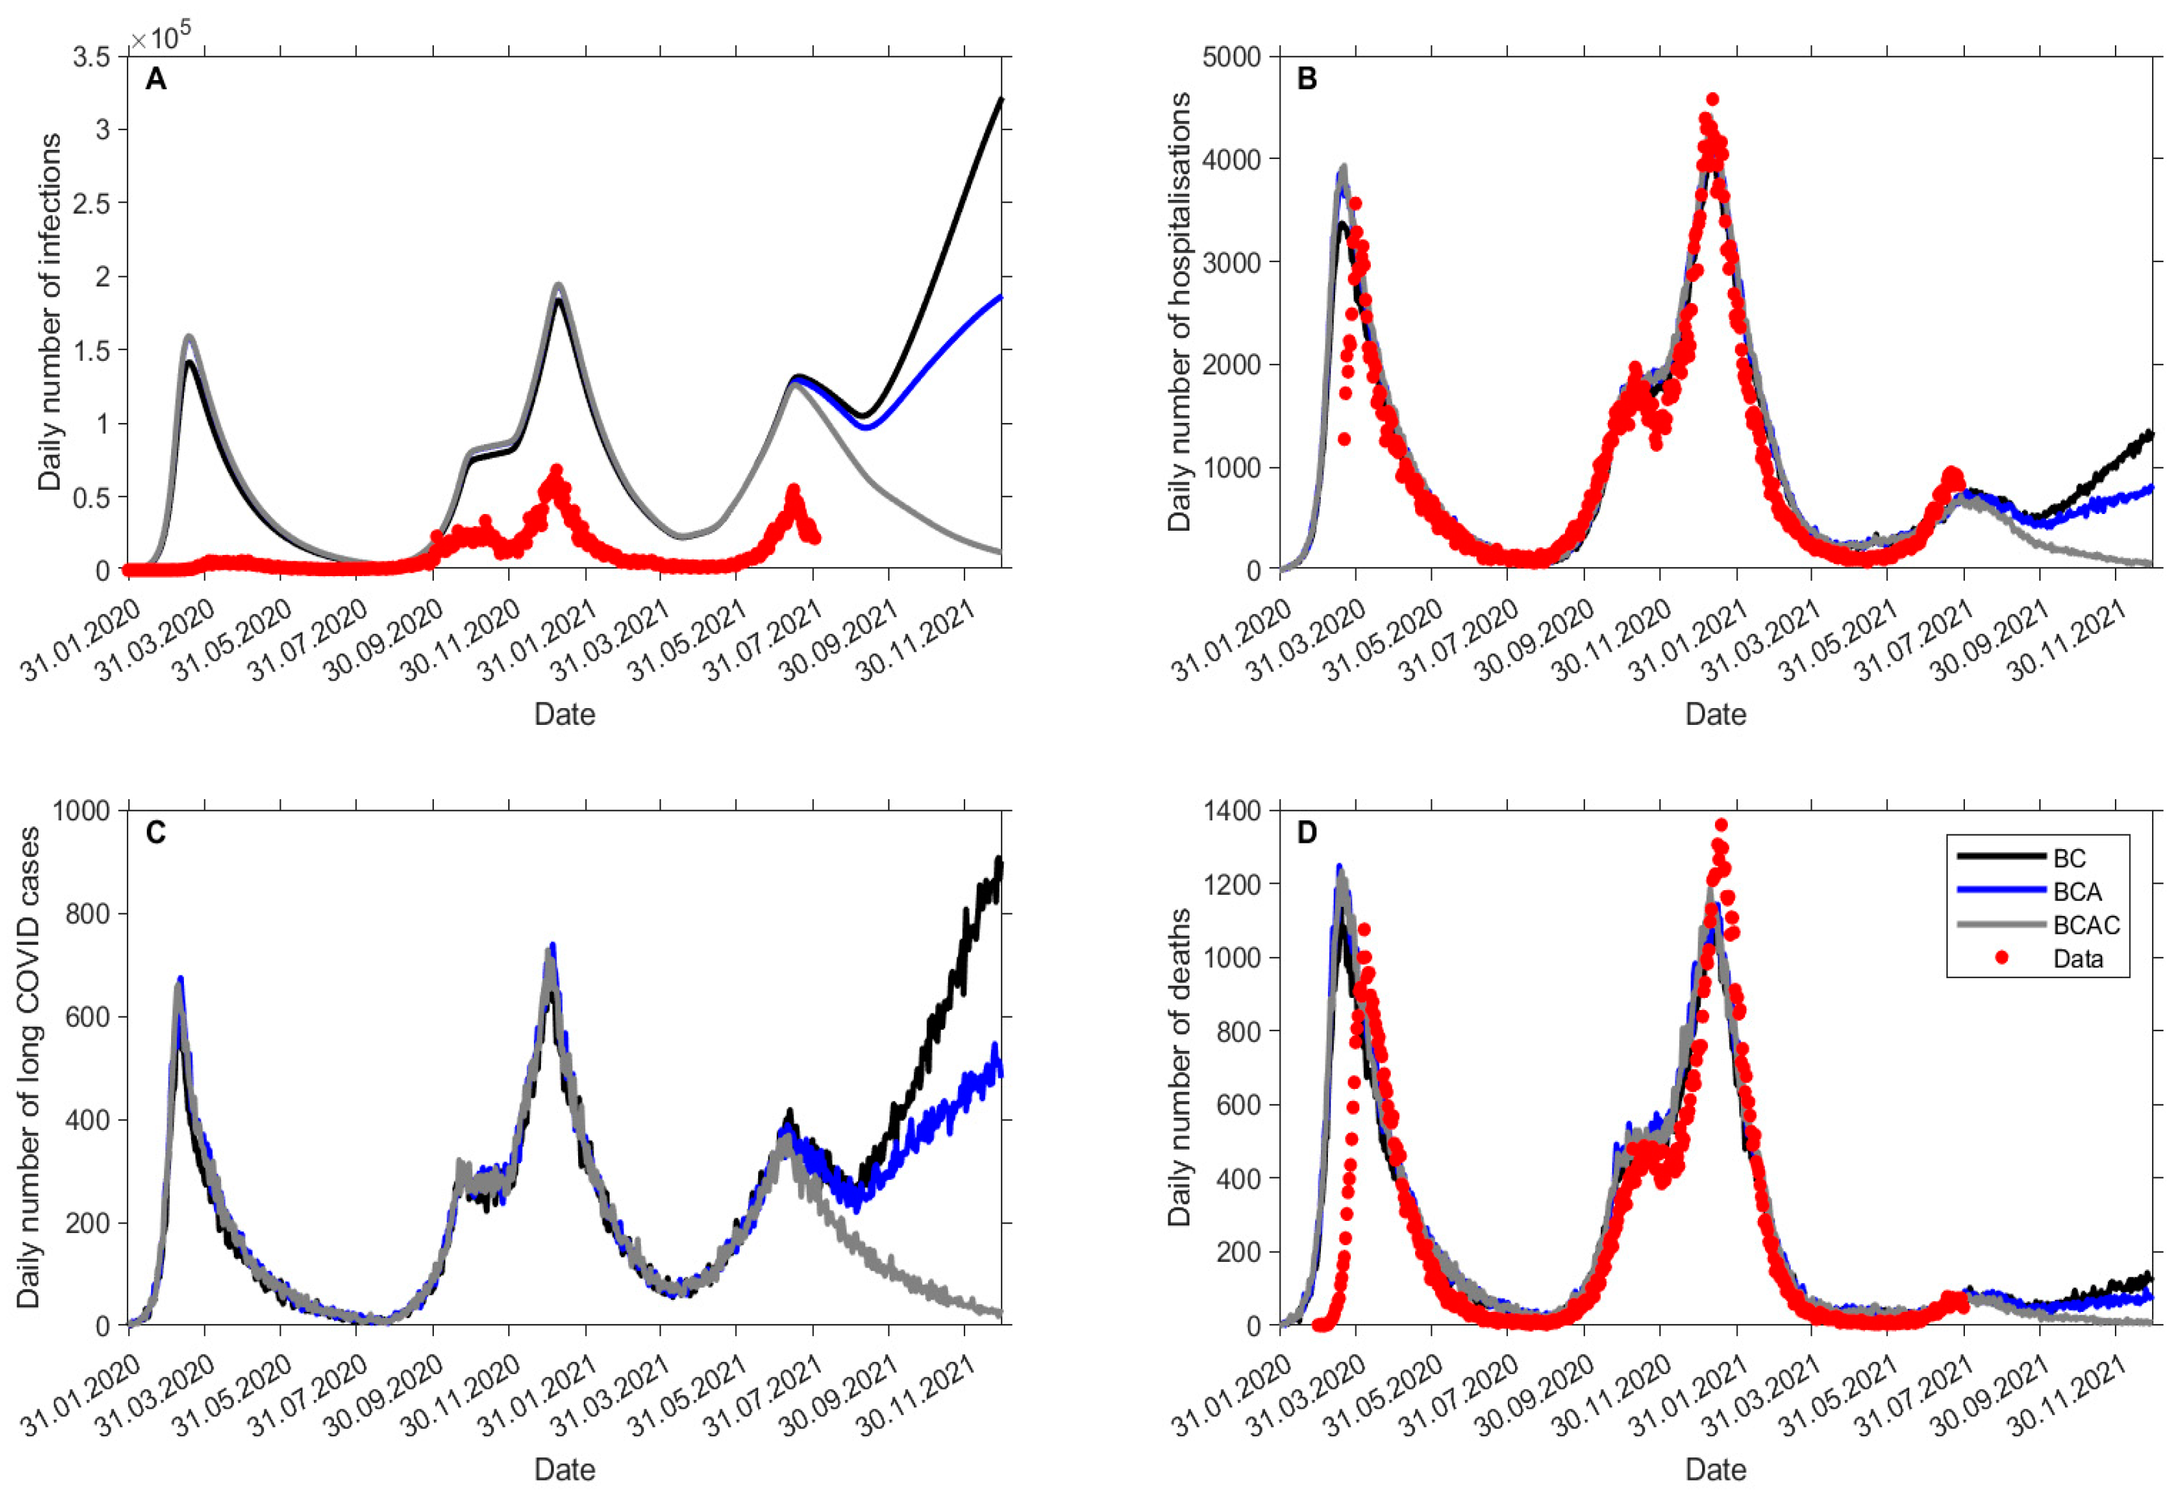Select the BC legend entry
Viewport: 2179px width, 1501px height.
2069,858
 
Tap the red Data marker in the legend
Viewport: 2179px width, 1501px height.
2001,958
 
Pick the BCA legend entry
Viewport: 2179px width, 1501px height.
2076,891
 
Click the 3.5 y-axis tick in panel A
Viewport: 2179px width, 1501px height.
92,56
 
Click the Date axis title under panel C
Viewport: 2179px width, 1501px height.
564,1469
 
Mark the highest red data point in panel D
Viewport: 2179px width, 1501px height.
1721,825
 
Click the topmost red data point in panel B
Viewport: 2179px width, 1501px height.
1712,99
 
